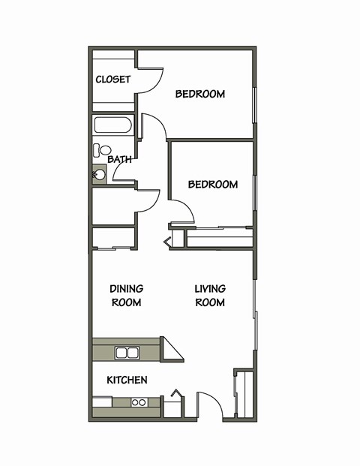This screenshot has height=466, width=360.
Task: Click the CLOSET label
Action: pos(113,80)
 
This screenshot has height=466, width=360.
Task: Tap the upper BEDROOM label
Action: pos(200,94)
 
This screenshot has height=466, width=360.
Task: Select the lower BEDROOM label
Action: pos(213,184)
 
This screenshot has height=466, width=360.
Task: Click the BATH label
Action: pos(119,159)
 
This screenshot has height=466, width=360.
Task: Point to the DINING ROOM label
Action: pos(126,295)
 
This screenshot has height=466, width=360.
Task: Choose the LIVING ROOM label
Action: pos(210,295)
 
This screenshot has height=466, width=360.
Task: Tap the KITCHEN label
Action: pos(127,380)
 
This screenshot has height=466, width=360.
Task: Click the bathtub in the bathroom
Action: pos(112,125)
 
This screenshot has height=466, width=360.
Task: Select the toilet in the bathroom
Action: pos(101,150)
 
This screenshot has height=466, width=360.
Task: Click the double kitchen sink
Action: pos(127,352)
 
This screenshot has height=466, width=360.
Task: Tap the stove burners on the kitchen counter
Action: pos(139,402)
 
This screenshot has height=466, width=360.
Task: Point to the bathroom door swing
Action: pos(154,127)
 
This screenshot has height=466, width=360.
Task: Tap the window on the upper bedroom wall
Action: pos(255,105)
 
